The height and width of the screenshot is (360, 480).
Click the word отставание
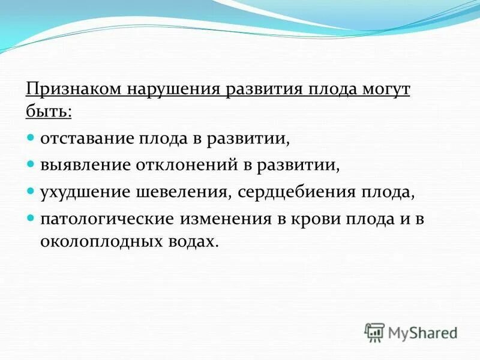click(79, 139)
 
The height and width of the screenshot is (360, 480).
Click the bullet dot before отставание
click(31, 138)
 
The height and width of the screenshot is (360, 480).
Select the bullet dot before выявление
click(31, 165)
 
